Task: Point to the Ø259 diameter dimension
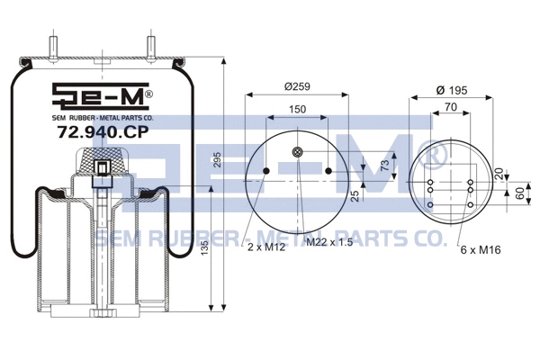[x=298, y=86]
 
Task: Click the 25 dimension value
[x=356, y=194]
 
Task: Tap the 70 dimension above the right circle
[x=450, y=107]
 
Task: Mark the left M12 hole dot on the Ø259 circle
[x=266, y=170]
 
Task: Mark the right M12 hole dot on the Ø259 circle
[x=329, y=170]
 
